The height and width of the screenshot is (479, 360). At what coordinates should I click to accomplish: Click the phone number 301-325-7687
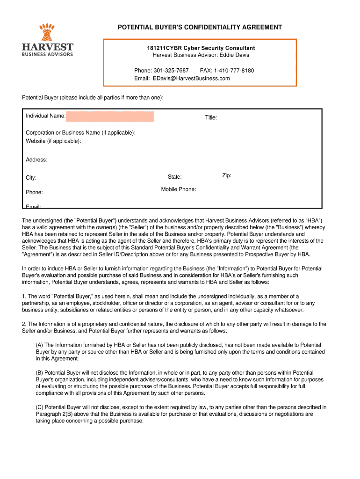[x=171, y=71]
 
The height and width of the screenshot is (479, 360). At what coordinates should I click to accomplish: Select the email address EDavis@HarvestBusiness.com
[x=191, y=78]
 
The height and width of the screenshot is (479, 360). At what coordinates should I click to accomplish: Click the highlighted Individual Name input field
[x=110, y=116]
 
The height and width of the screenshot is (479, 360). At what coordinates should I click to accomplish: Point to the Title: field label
[x=211, y=117]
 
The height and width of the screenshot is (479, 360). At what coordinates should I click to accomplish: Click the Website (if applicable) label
[x=53, y=141]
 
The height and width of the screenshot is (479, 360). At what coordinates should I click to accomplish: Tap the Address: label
[x=36, y=160]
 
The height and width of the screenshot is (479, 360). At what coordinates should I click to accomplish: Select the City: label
[x=31, y=178]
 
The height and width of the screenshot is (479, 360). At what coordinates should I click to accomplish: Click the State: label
[x=175, y=177]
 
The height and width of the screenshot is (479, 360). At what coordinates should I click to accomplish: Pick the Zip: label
[x=227, y=175]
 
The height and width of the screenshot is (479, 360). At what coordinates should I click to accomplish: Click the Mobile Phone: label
[x=179, y=189]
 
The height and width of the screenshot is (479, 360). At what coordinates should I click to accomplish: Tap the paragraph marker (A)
[x=40, y=345]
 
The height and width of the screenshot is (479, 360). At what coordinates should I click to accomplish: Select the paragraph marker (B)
[x=40, y=373]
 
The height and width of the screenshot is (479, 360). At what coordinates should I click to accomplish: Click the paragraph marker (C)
[x=40, y=407]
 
